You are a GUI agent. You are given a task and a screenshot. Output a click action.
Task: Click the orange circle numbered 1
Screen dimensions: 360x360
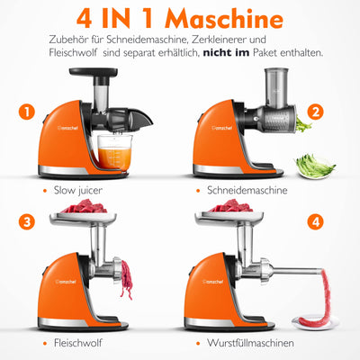tap(27, 112)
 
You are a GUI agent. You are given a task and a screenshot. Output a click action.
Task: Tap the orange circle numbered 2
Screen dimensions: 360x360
tap(315, 112)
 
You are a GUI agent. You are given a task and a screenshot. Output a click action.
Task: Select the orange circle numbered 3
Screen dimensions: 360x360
tap(27, 222)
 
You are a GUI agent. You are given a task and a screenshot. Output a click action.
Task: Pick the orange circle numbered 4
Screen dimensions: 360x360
tap(315, 222)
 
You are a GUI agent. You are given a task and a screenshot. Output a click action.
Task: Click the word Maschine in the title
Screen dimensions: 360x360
tap(224, 19)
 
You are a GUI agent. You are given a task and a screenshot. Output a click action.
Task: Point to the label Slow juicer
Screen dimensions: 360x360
tap(78, 190)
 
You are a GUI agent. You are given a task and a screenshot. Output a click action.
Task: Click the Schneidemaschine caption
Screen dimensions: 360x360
tap(247, 190)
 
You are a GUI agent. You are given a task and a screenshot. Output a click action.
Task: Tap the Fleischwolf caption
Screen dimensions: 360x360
tap(78, 343)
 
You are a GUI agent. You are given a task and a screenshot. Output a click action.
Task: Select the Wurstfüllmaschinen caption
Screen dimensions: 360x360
tap(250, 343)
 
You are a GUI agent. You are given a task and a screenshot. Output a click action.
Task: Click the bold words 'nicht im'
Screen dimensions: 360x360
tap(226, 53)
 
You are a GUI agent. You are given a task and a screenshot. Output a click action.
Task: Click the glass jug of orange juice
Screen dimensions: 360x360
tap(115, 152)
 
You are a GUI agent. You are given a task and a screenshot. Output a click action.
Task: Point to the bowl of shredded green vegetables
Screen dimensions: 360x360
tap(315, 166)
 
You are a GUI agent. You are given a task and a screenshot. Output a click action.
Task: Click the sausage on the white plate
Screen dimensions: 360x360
tap(315, 303)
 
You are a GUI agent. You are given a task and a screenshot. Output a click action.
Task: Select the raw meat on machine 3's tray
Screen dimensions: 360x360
tap(84, 206)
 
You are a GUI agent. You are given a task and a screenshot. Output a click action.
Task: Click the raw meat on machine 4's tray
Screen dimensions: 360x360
tap(230, 206)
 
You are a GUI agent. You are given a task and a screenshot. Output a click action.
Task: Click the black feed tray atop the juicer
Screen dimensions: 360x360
tap(94, 72)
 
